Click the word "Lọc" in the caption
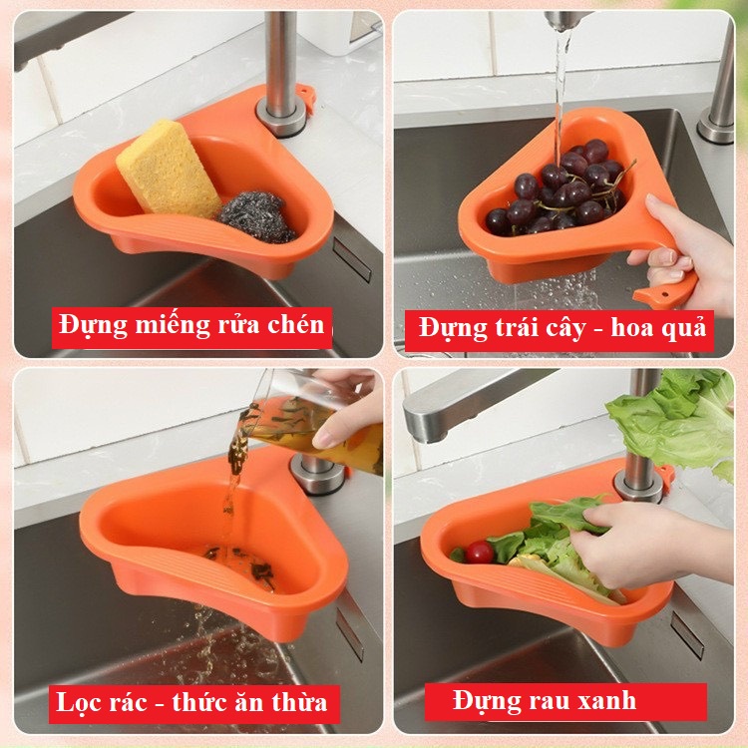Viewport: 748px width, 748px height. click(78, 703)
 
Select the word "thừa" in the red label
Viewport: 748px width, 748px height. click(299, 703)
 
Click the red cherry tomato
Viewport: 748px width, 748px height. click(479, 553)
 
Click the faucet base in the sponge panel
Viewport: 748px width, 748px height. click(281, 117)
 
